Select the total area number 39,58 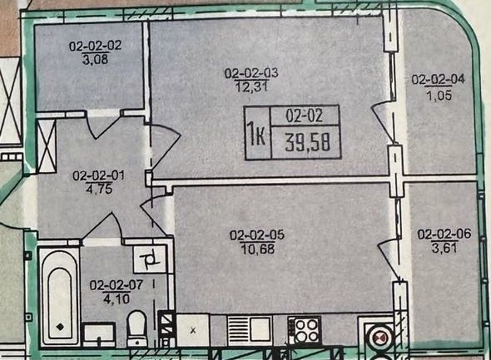coord(308,142)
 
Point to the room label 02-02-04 coord(439,80)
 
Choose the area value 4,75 coord(98,188)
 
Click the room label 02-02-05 coord(257,235)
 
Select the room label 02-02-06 coord(444,234)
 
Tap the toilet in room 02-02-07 coord(138,328)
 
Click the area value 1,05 coord(439,94)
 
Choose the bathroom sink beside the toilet coord(99,334)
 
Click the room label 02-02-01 coord(98,175)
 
